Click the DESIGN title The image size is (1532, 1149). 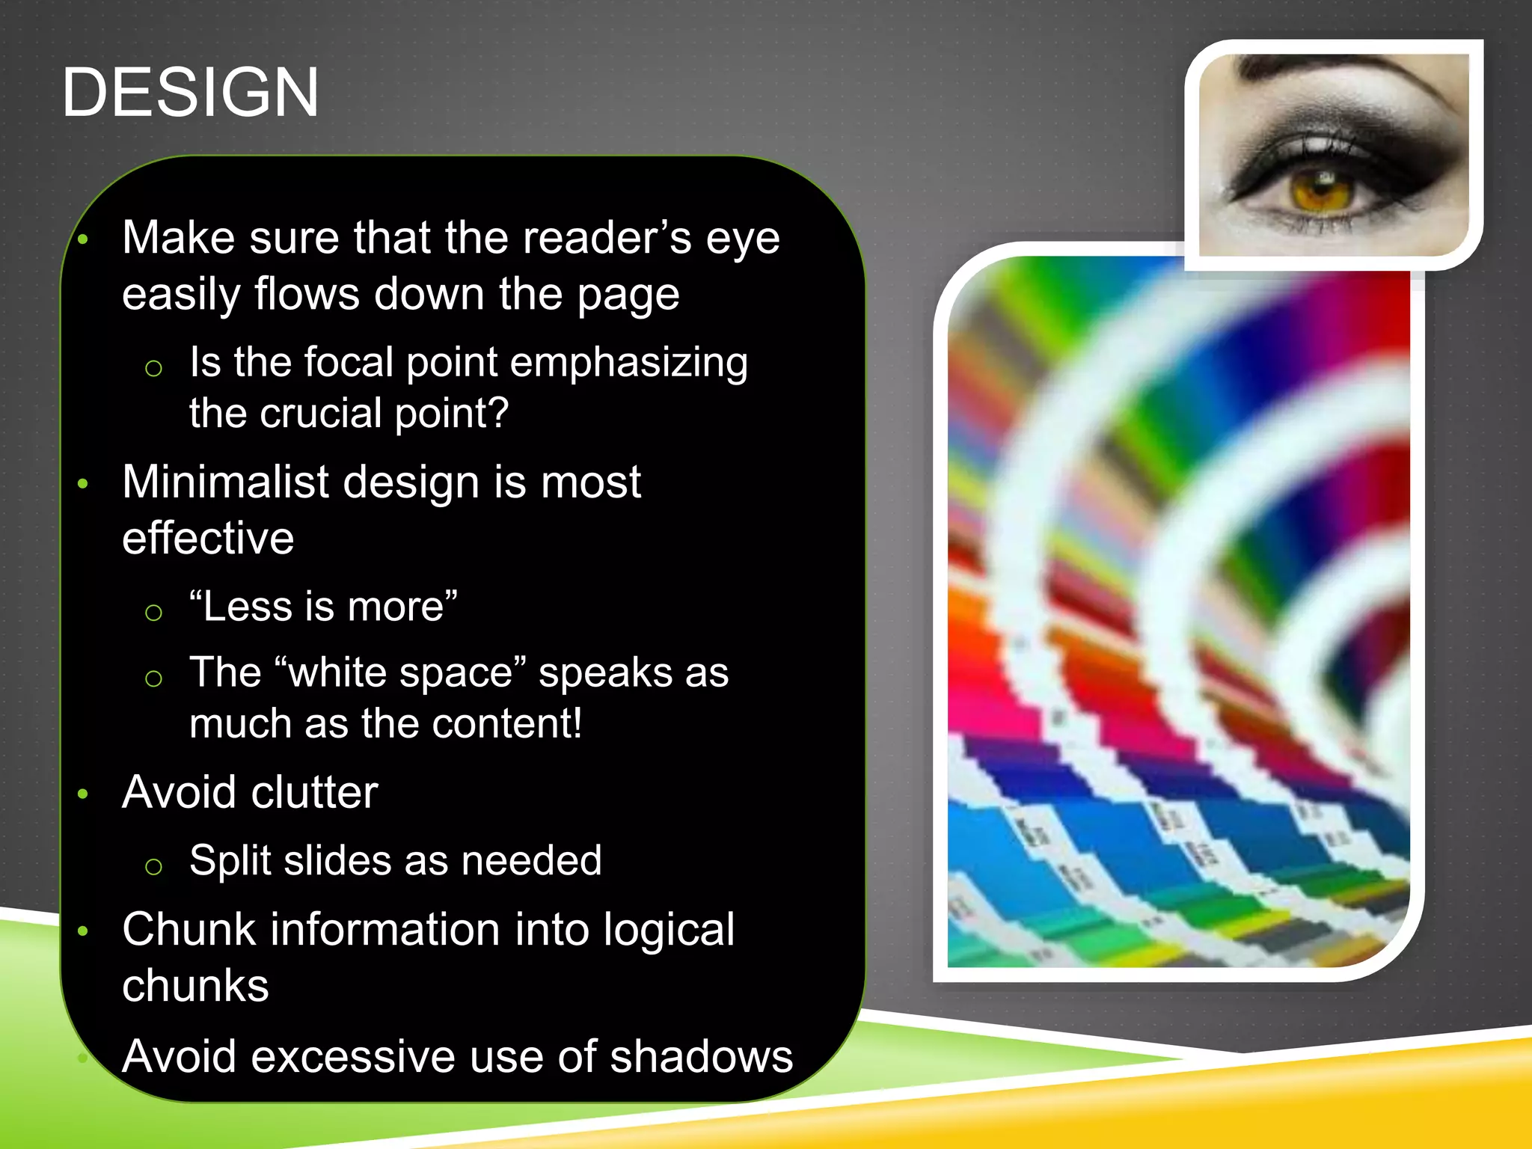click(x=190, y=93)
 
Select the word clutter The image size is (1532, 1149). click(x=315, y=792)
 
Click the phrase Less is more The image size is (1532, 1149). click(x=323, y=606)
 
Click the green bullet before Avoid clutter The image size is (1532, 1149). click(x=83, y=794)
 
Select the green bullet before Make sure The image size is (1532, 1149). click(x=83, y=240)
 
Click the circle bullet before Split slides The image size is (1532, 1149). click(x=153, y=866)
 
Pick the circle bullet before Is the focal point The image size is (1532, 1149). click(x=153, y=368)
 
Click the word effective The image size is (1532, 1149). click(x=208, y=538)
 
